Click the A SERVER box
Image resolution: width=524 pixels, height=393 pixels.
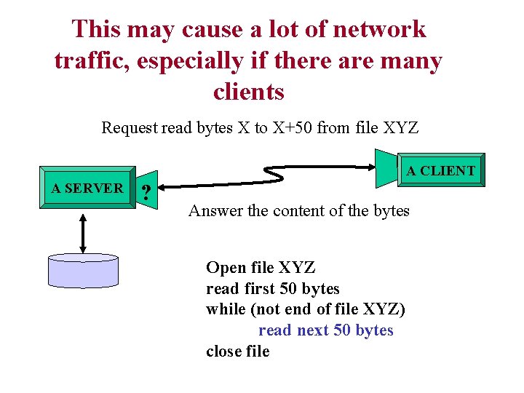(87, 188)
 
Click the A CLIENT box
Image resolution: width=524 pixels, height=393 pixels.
(440, 172)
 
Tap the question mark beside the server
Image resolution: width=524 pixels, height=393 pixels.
(147, 193)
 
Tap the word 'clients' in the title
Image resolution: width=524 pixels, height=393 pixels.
(248, 92)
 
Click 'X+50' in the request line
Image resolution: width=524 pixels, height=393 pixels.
(292, 129)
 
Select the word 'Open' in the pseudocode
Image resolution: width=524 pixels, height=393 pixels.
(225, 268)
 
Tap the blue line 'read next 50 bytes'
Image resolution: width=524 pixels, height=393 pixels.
(325, 330)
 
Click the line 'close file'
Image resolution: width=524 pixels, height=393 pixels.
(237, 352)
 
